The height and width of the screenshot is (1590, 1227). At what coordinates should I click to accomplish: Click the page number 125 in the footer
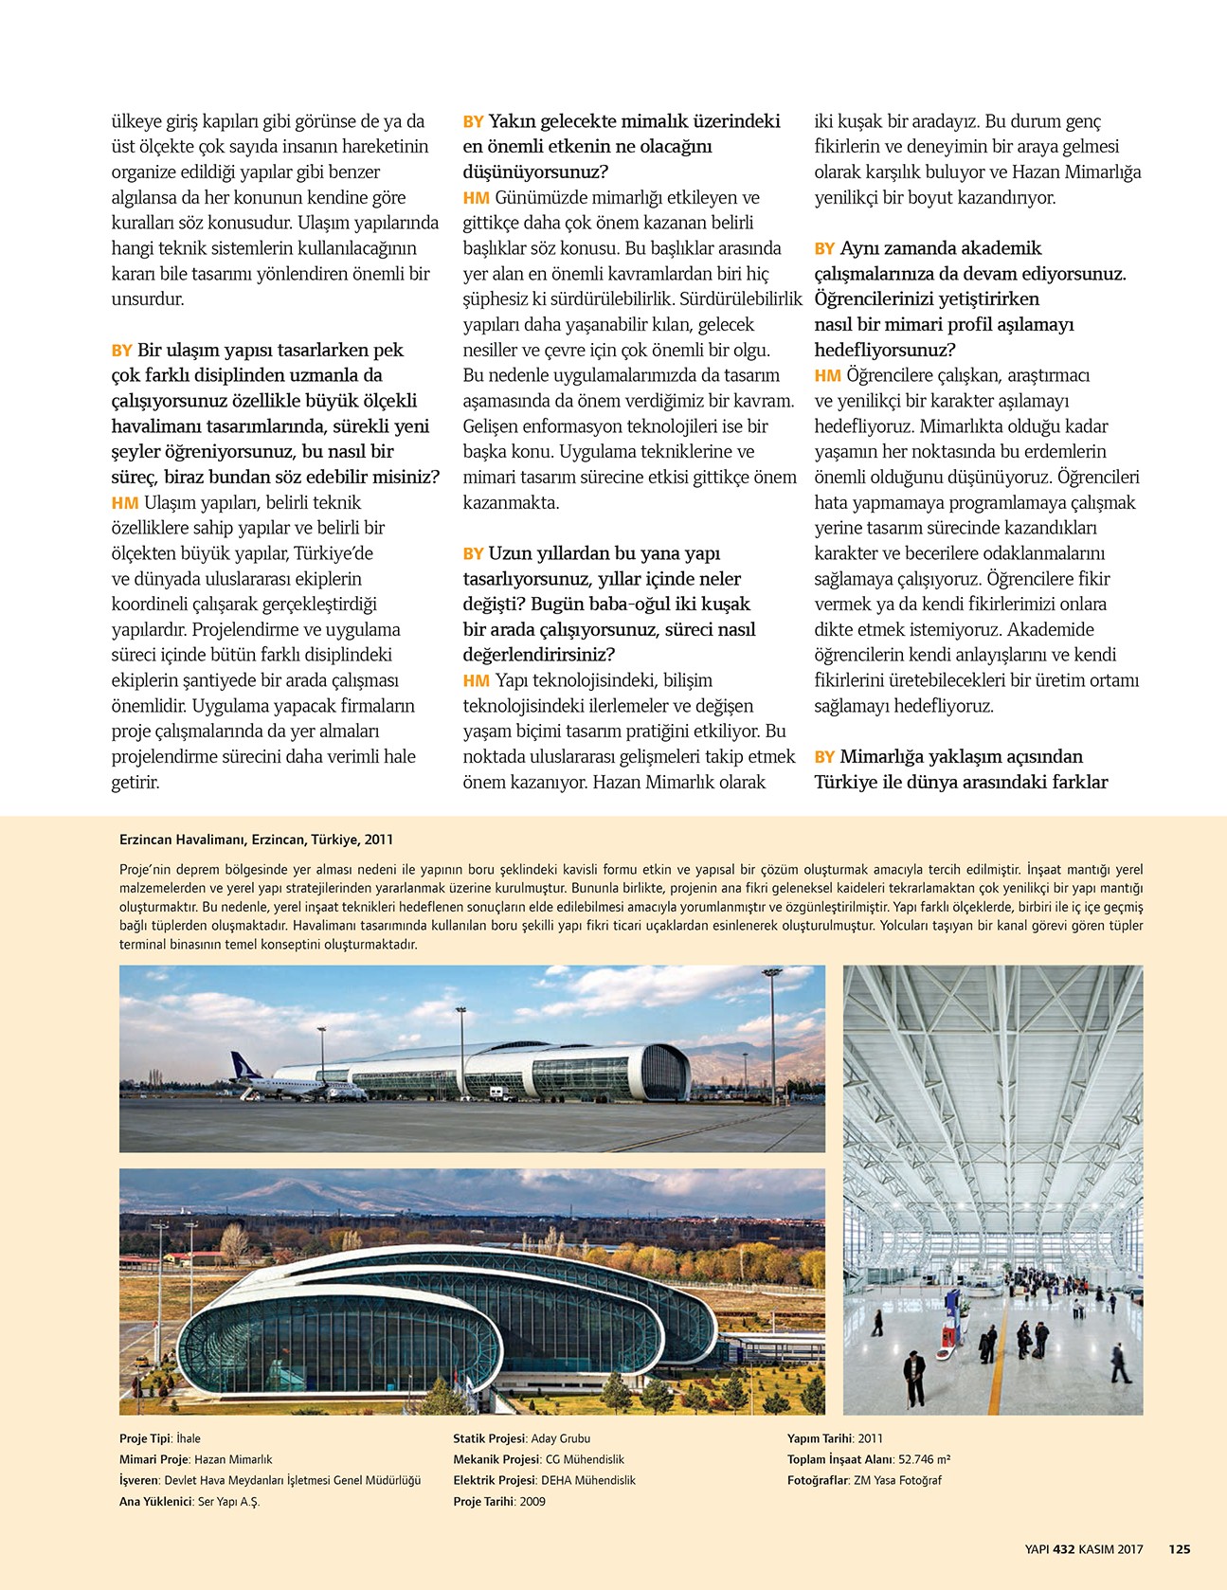point(1179,1549)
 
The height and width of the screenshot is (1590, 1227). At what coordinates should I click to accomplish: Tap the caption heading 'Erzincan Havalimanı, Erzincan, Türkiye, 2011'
point(256,840)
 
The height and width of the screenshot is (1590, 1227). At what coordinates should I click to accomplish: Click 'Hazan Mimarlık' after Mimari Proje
point(233,1459)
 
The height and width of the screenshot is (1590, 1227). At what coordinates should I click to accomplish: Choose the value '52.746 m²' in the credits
point(924,1459)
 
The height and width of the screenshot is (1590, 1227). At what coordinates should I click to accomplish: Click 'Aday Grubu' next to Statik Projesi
point(561,1438)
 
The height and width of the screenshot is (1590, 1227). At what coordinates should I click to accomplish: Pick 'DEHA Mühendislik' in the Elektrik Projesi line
point(587,1480)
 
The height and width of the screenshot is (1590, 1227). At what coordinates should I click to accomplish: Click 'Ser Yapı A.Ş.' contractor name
point(228,1501)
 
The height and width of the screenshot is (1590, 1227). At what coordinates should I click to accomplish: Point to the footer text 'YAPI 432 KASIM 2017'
point(1083,1549)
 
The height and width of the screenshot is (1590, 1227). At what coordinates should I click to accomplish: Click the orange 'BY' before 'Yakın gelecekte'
point(473,122)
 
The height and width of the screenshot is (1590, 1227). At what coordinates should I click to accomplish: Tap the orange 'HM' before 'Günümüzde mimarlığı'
point(476,198)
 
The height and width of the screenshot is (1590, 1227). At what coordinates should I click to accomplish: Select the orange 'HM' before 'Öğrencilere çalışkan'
point(827,376)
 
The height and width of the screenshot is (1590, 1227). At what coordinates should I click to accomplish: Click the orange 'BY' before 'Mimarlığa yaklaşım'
point(824,757)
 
